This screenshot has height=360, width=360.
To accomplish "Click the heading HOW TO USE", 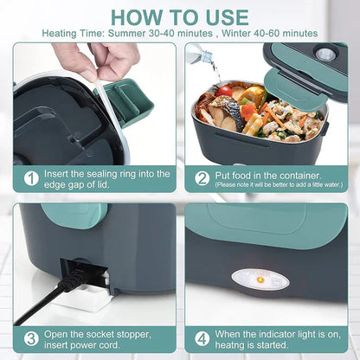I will coord(180,16).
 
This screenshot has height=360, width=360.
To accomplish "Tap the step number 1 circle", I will coord(31,177).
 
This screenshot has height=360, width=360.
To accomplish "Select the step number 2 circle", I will coord(201,177).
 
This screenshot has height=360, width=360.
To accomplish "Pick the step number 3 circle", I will coord(31,338).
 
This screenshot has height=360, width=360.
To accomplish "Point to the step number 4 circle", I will coord(201,338).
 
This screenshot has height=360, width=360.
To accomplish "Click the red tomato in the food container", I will coord(225,91).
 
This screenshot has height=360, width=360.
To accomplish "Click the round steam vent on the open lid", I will coord(325,54).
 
